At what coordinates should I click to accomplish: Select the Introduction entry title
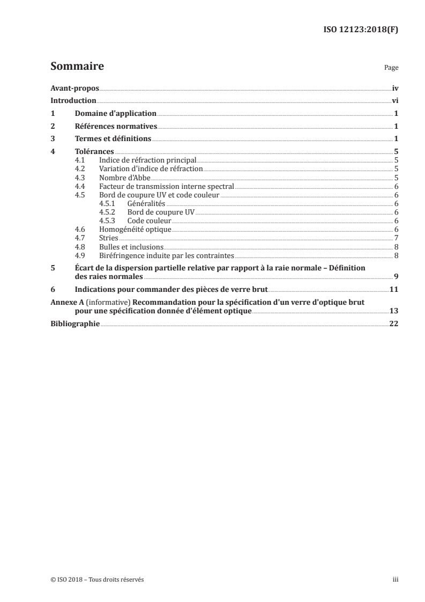pos(73,100)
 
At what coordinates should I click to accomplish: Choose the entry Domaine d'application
pos(115,113)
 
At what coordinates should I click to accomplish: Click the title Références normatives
pos(116,126)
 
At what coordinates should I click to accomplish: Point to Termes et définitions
pos(113,139)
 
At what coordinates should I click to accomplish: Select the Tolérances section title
pos(94,152)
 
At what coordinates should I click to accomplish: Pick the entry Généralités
pos(146,204)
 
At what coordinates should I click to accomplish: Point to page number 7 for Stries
pos(395,238)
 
